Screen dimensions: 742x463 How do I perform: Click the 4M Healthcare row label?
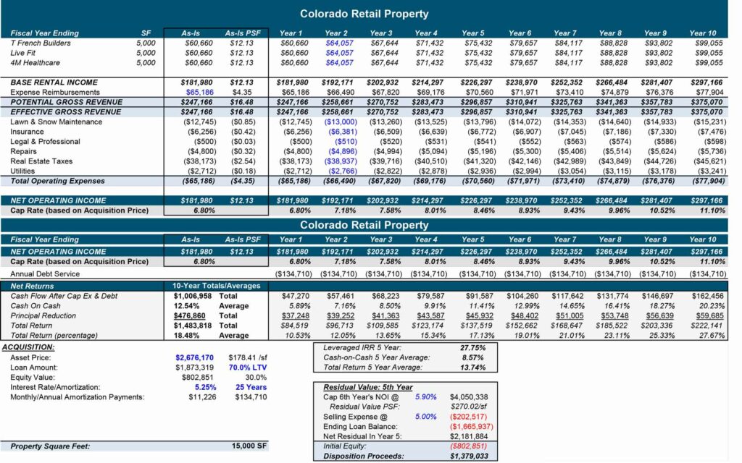(35, 63)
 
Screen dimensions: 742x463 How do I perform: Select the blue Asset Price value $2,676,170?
(194, 357)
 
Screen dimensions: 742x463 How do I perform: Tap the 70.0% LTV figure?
(248, 368)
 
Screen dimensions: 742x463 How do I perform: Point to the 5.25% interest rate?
(205, 388)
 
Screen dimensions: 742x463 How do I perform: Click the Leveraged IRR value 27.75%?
(472, 348)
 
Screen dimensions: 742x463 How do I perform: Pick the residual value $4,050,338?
(469, 397)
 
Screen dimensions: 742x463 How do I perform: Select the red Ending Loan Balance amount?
(471, 427)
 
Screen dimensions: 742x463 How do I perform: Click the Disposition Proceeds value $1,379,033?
(469, 456)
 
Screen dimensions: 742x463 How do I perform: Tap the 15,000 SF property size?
(249, 446)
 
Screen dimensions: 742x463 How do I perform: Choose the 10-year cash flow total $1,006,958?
(193, 296)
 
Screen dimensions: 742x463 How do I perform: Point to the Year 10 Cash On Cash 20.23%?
(712, 306)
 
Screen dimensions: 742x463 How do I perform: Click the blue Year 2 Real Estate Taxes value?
(341, 161)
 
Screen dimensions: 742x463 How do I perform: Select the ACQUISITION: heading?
(28, 347)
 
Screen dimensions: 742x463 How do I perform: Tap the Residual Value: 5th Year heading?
(367, 388)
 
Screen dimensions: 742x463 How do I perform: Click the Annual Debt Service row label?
(45, 274)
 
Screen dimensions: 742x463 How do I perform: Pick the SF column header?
(146, 33)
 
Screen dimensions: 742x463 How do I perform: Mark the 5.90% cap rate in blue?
(425, 397)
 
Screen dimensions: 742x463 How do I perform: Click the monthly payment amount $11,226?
(202, 397)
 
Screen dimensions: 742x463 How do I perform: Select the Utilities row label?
(22, 171)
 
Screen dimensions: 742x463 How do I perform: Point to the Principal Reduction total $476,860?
(189, 316)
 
